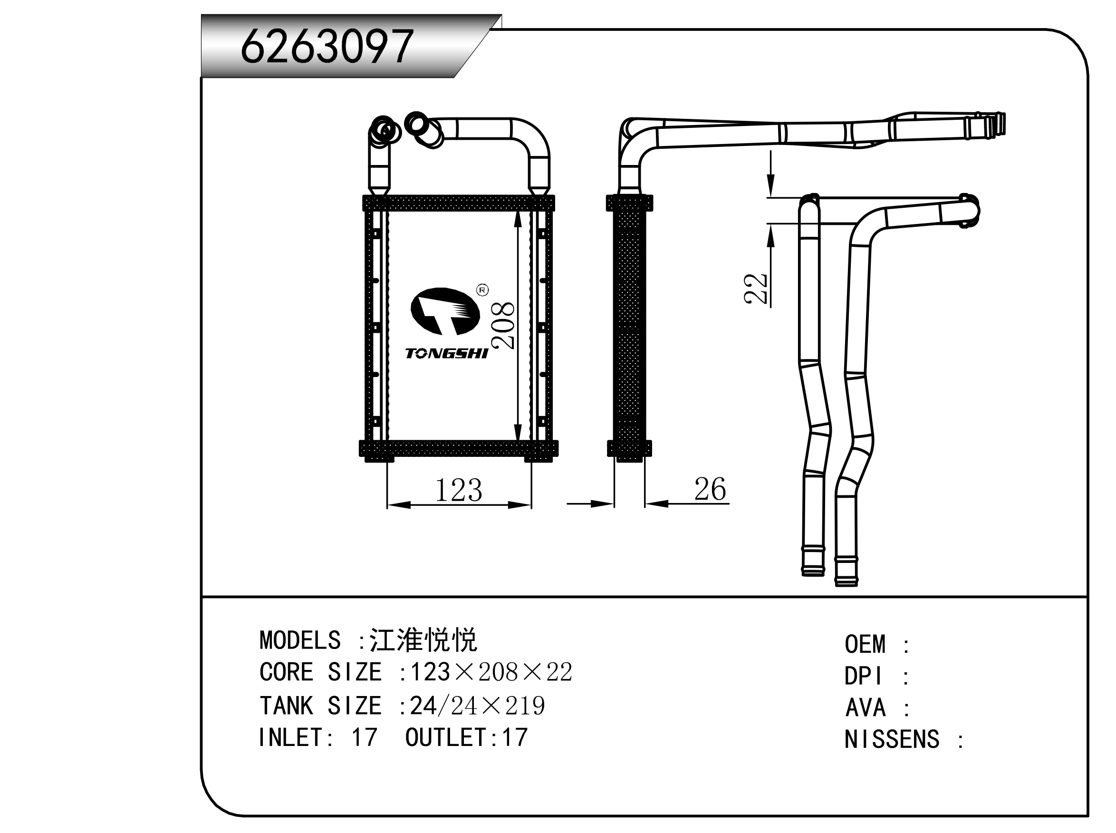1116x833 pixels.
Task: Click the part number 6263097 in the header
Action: click(x=327, y=47)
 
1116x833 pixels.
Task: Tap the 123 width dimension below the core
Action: click(x=458, y=490)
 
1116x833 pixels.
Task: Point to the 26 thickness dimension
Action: click(x=710, y=489)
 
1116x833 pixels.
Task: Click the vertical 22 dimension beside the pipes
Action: click(x=756, y=289)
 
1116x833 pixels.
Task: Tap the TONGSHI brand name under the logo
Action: click(x=447, y=353)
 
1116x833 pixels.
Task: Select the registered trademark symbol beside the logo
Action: click(x=482, y=290)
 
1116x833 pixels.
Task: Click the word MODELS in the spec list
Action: click(x=300, y=641)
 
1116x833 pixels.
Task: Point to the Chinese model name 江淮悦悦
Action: click(x=423, y=640)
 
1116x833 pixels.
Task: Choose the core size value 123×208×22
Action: click(x=491, y=672)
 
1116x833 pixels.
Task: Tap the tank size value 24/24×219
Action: click(x=477, y=706)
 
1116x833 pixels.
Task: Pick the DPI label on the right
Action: click(x=863, y=676)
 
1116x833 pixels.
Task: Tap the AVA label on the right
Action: click(x=866, y=708)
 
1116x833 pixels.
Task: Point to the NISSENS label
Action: click(x=892, y=740)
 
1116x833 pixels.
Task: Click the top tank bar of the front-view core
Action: click(x=458, y=203)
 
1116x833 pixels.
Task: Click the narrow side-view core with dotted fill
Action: click(x=629, y=328)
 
